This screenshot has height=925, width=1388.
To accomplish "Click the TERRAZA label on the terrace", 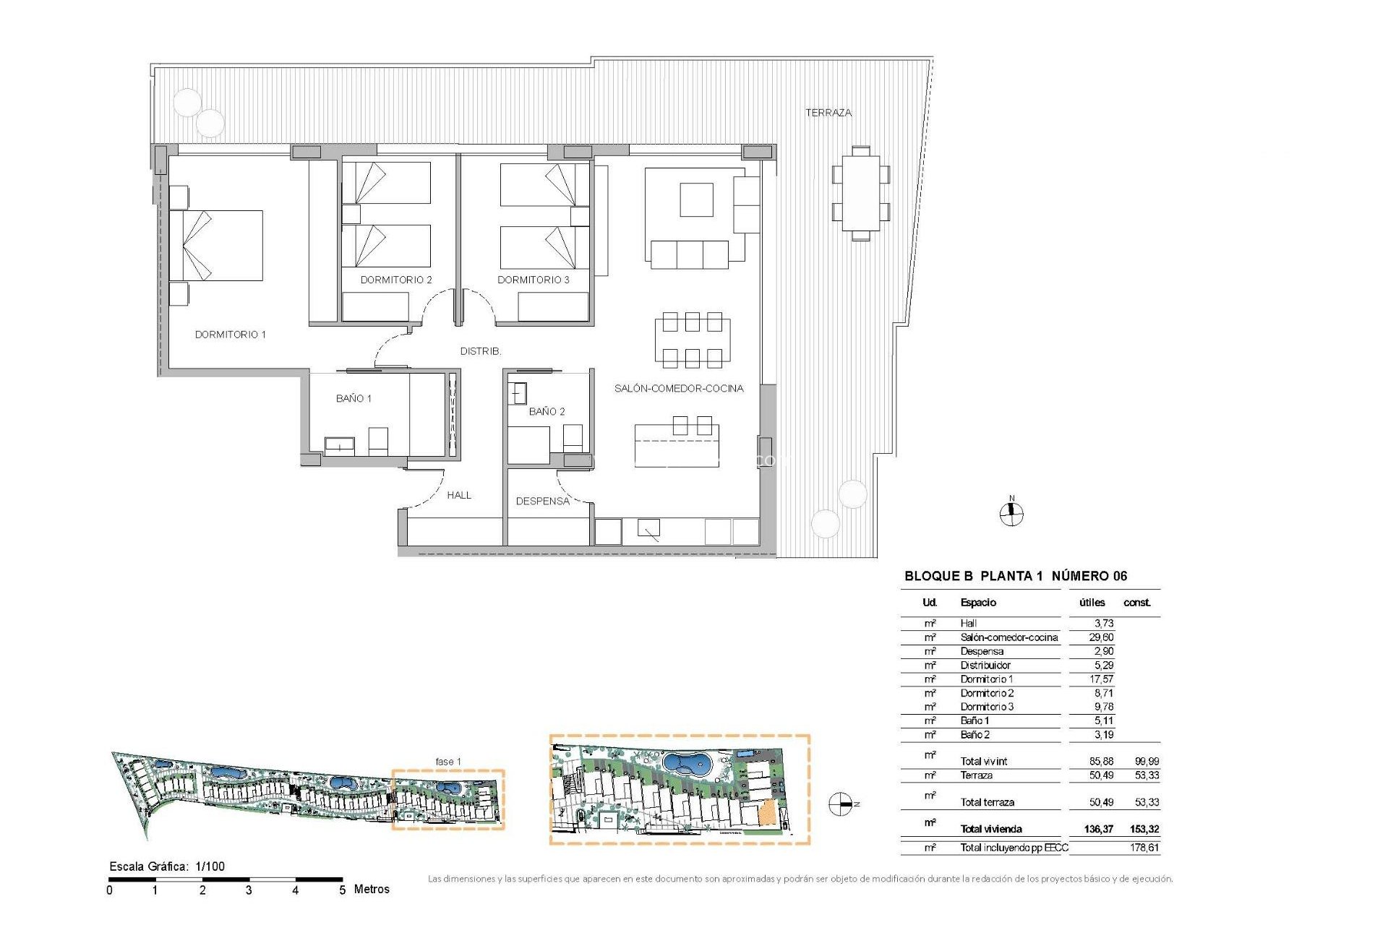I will click(828, 113).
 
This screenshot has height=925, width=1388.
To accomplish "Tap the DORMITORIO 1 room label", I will click(231, 335).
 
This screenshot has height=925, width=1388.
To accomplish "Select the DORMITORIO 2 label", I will click(396, 280).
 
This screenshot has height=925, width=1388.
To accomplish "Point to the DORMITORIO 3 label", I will click(534, 280).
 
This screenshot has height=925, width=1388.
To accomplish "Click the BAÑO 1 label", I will click(354, 399).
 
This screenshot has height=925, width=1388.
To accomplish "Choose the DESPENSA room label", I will click(542, 501).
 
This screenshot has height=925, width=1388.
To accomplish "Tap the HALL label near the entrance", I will click(459, 495).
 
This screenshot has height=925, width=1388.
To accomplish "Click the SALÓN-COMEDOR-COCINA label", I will click(679, 389).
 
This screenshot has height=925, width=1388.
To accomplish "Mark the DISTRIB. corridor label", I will click(481, 351).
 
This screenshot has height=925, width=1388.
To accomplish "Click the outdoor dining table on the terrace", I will click(860, 193).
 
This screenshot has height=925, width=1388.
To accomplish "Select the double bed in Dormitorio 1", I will click(217, 246).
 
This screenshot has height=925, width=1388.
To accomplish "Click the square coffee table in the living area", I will click(696, 200).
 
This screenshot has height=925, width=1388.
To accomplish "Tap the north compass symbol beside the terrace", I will click(1011, 513).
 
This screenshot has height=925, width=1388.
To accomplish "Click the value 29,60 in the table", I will click(1101, 637).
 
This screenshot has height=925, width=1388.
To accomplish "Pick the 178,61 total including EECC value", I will click(1144, 848).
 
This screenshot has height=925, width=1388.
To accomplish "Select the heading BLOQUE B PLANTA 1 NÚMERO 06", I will click(1016, 576).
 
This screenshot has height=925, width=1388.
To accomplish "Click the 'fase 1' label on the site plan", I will click(448, 762).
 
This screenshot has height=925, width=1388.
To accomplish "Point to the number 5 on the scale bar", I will click(342, 890).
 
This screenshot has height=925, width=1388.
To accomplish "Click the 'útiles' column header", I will click(1092, 603).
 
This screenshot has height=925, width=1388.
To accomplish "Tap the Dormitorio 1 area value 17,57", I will click(1102, 679).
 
